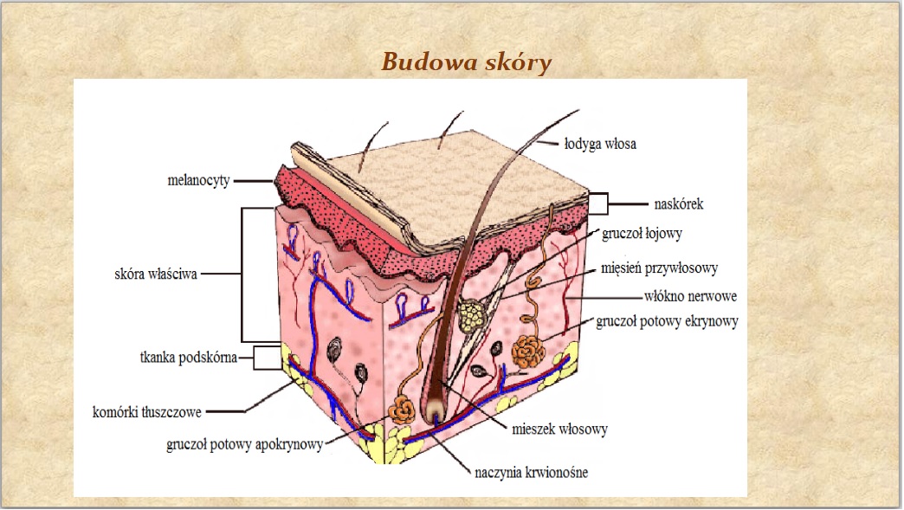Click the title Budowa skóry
[465, 62]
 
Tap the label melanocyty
[198, 181]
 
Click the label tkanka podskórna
[188, 357]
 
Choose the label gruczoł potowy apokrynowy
[244, 445]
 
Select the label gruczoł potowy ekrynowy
[667, 322]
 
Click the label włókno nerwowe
[690, 296]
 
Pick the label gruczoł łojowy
[645, 233]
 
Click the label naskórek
[679, 205]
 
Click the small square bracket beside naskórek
[598, 204]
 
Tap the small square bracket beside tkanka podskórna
[268, 357]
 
